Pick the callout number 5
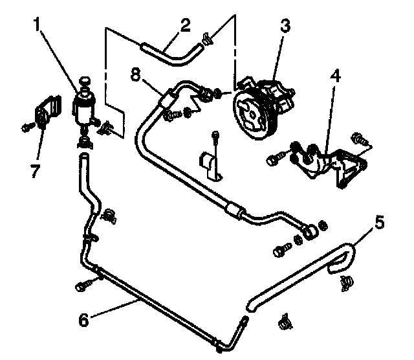(380, 224)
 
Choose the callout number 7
(35, 172)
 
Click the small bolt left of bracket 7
(27, 128)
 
